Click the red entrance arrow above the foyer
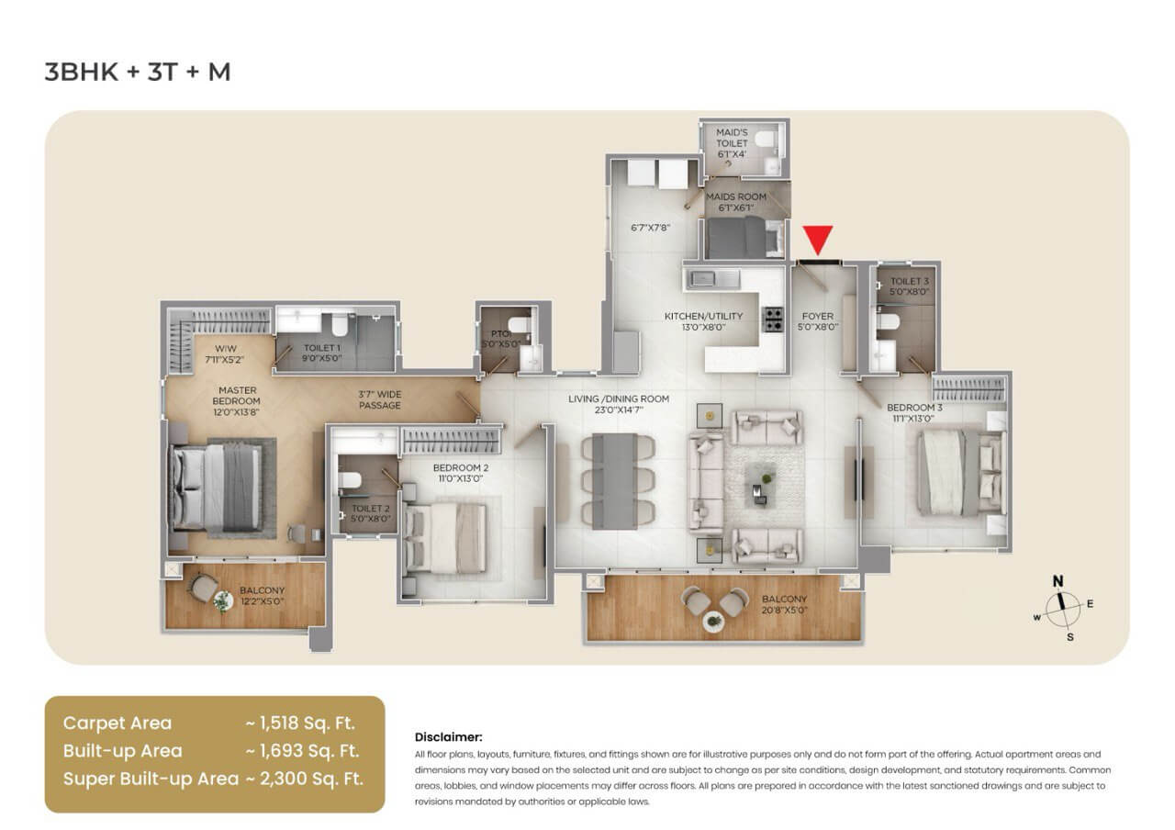tap(818, 240)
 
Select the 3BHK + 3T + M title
tap(138, 72)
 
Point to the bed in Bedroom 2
tap(447, 535)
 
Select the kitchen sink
tap(709, 277)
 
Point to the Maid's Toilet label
tap(733, 143)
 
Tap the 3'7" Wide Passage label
tap(380, 399)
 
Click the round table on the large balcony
tap(712, 622)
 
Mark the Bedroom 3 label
tap(911, 412)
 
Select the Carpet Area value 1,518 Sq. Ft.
tap(300, 723)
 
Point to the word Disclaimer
tap(448, 736)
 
